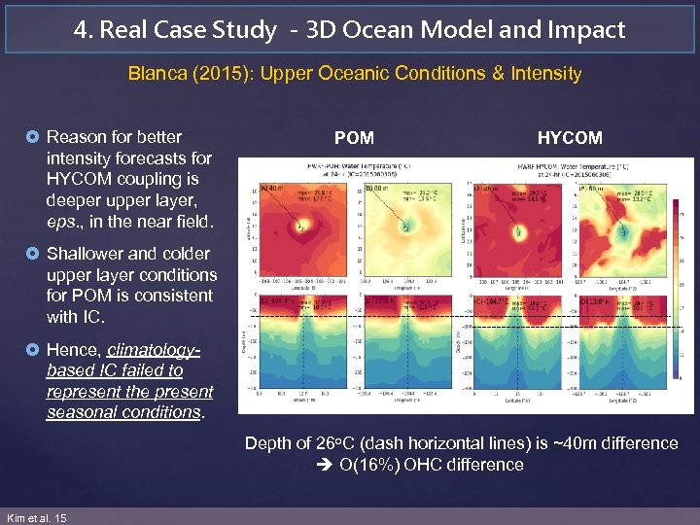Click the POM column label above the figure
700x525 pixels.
click(x=354, y=138)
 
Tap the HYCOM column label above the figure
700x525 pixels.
click(x=570, y=138)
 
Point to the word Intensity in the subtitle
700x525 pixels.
click(x=545, y=74)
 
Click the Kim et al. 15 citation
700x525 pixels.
click(x=36, y=518)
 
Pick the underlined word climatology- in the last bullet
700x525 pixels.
click(x=154, y=349)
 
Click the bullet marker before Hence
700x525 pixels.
click(x=36, y=350)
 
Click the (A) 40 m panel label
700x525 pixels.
click(x=273, y=189)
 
